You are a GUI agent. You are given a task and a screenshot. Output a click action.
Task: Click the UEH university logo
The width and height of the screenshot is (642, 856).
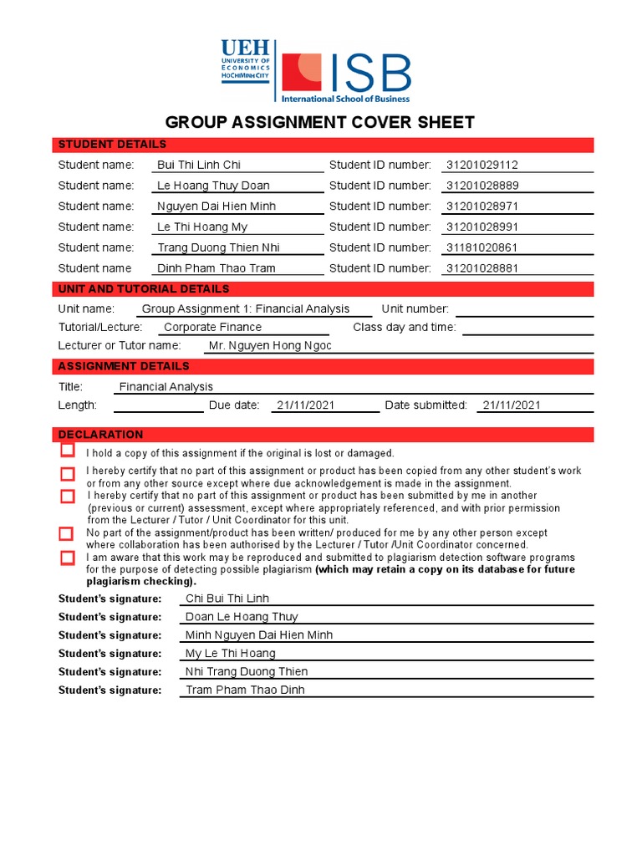tap(245, 59)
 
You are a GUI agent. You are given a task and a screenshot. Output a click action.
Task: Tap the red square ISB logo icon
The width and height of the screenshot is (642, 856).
tap(301, 73)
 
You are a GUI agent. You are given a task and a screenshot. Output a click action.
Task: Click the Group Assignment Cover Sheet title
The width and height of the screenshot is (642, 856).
tap(320, 122)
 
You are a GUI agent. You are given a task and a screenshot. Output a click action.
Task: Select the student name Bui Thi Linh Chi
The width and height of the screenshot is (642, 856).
tap(199, 165)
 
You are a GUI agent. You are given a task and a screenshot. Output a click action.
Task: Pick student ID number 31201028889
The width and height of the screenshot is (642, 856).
tap(482, 186)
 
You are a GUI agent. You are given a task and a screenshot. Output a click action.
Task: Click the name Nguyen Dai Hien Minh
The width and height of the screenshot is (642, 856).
tap(217, 206)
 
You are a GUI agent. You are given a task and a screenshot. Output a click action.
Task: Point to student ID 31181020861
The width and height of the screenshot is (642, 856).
tap(482, 247)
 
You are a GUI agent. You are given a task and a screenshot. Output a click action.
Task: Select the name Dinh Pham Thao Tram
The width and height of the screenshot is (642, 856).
tap(217, 268)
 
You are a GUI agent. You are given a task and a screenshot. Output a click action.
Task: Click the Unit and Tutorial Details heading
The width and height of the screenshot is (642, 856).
tap(143, 289)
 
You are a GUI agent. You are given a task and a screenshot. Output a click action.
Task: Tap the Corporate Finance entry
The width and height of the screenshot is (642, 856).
tap(212, 327)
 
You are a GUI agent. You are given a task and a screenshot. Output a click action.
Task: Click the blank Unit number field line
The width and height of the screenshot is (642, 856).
tap(524, 312)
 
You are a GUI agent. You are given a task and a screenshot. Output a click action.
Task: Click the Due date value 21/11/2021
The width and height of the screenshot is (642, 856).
tap(305, 405)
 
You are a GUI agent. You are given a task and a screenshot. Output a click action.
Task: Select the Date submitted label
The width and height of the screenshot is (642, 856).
tap(425, 405)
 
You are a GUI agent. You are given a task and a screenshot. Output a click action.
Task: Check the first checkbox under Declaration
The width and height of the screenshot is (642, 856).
tap(67, 451)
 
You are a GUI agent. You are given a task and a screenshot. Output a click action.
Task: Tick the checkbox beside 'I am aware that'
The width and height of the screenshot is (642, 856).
tap(67, 558)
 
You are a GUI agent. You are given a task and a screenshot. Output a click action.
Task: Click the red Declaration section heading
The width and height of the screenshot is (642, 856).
tap(100, 435)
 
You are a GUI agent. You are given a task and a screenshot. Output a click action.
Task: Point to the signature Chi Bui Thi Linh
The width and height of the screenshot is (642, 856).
tap(227, 599)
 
